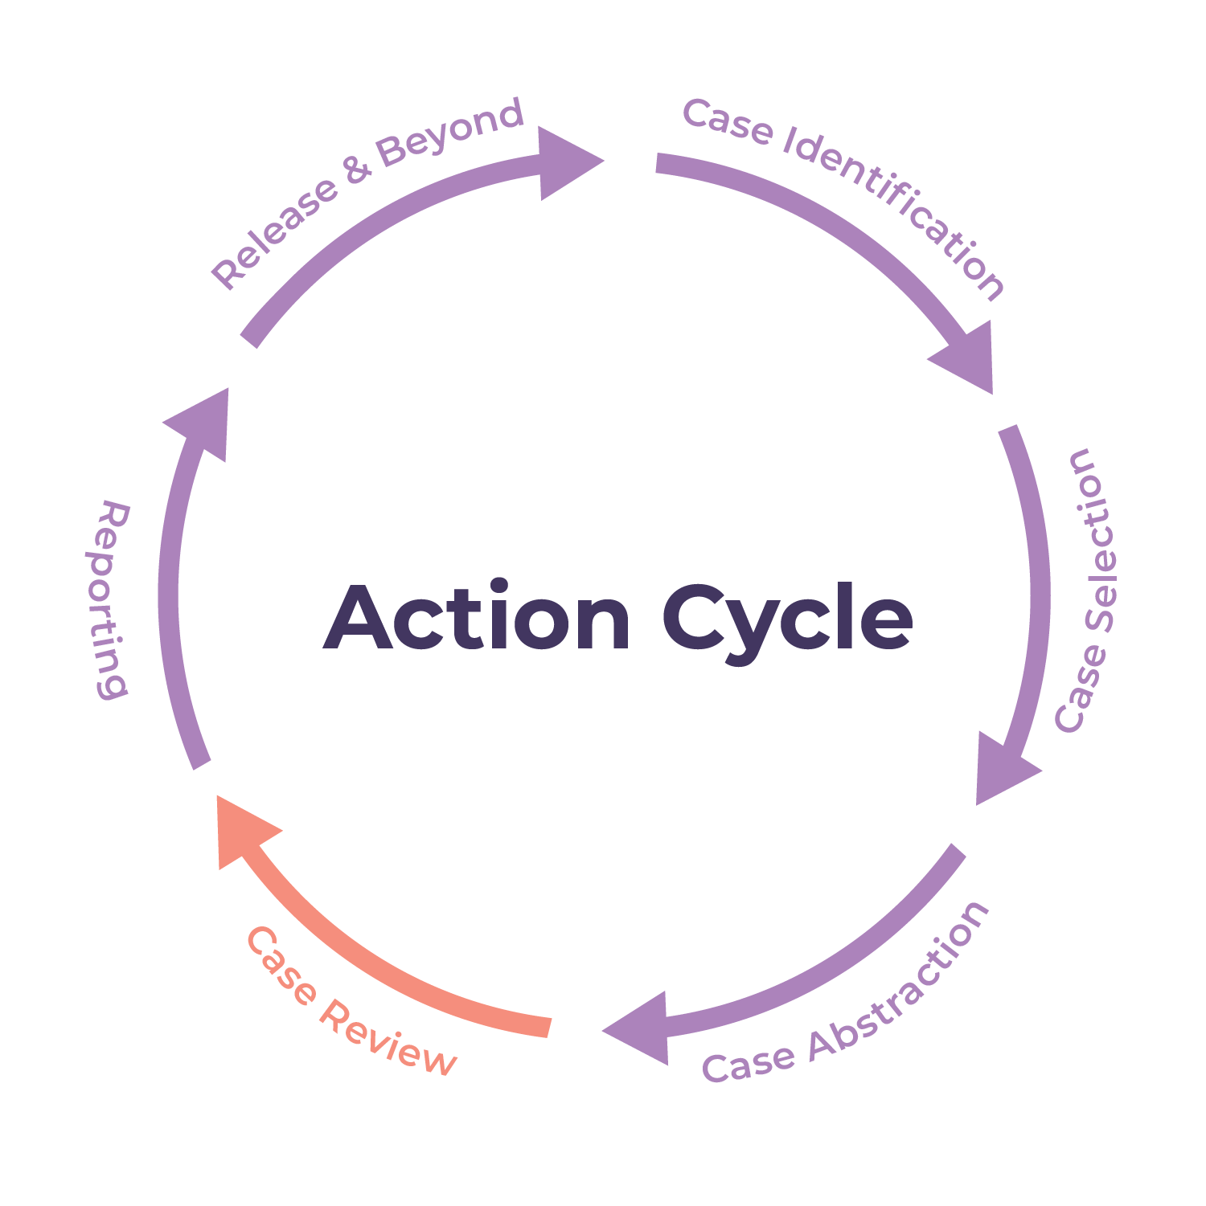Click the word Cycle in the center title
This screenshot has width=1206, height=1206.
[x=788, y=620]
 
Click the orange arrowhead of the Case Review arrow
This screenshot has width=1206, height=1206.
[x=241, y=828]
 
